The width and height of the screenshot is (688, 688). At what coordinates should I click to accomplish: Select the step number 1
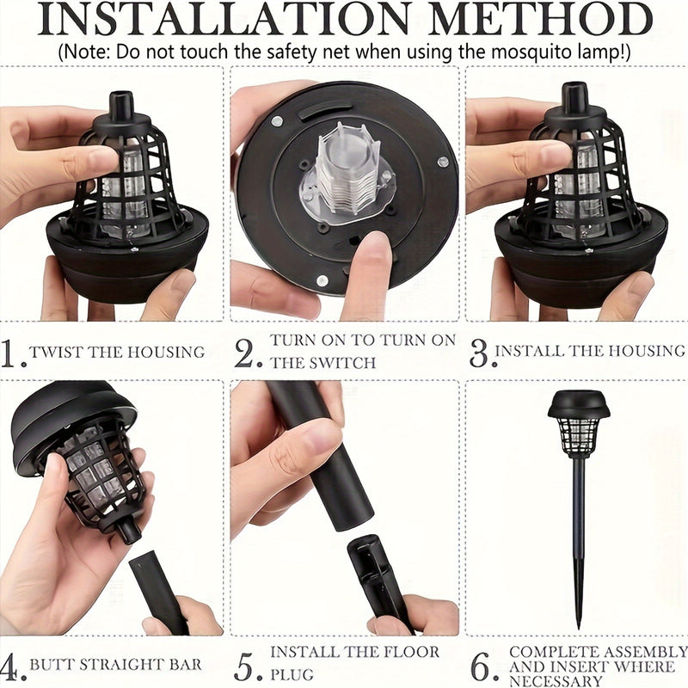12,353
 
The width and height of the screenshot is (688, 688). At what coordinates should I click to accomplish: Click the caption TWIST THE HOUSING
117,352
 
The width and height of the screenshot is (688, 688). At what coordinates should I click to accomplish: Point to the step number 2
247,353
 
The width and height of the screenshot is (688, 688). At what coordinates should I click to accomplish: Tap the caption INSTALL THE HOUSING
590,351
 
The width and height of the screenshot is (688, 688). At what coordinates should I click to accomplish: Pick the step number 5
247,666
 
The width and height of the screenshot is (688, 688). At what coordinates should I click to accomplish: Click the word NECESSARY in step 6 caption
558,679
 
